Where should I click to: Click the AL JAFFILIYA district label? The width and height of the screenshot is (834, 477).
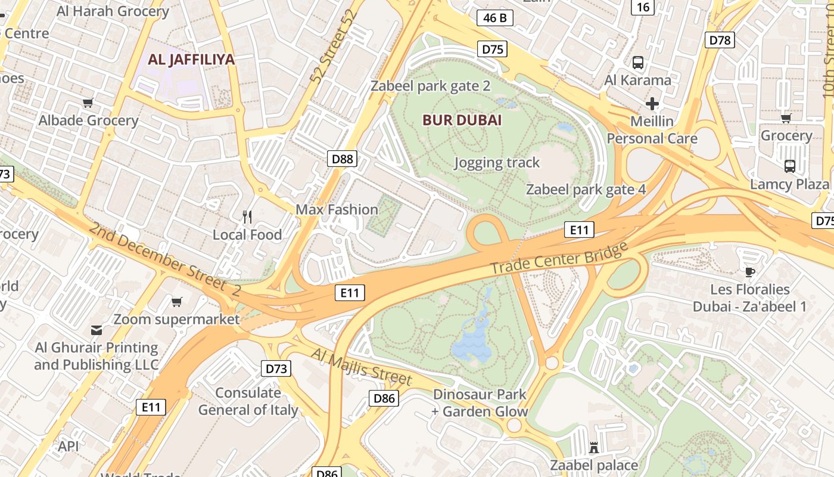[191, 60]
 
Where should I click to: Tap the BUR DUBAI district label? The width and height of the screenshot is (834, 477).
[462, 120]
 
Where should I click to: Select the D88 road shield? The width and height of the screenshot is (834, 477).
[343, 159]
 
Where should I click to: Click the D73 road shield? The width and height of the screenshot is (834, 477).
[276, 368]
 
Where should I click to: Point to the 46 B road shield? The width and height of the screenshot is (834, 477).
[495, 18]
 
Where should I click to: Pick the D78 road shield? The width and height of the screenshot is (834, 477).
[720, 40]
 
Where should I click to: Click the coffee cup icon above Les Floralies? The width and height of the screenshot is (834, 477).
[749, 272]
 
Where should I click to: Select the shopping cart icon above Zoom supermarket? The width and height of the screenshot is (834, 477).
[176, 302]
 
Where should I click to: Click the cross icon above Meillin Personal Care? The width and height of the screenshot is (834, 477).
[652, 104]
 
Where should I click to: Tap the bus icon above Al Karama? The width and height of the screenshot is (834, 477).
[638, 62]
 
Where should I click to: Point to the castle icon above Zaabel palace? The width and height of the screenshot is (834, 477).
[593, 447]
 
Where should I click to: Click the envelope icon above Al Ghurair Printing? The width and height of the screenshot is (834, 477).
[97, 330]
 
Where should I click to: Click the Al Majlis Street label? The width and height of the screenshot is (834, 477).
[361, 366]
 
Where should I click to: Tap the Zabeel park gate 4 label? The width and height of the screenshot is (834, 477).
[586, 190]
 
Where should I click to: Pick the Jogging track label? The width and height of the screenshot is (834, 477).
[497, 162]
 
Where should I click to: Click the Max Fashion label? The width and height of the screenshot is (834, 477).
[337, 209]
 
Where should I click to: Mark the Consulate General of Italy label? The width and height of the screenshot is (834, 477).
[248, 401]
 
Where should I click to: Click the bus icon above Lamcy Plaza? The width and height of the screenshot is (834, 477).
[790, 166]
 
